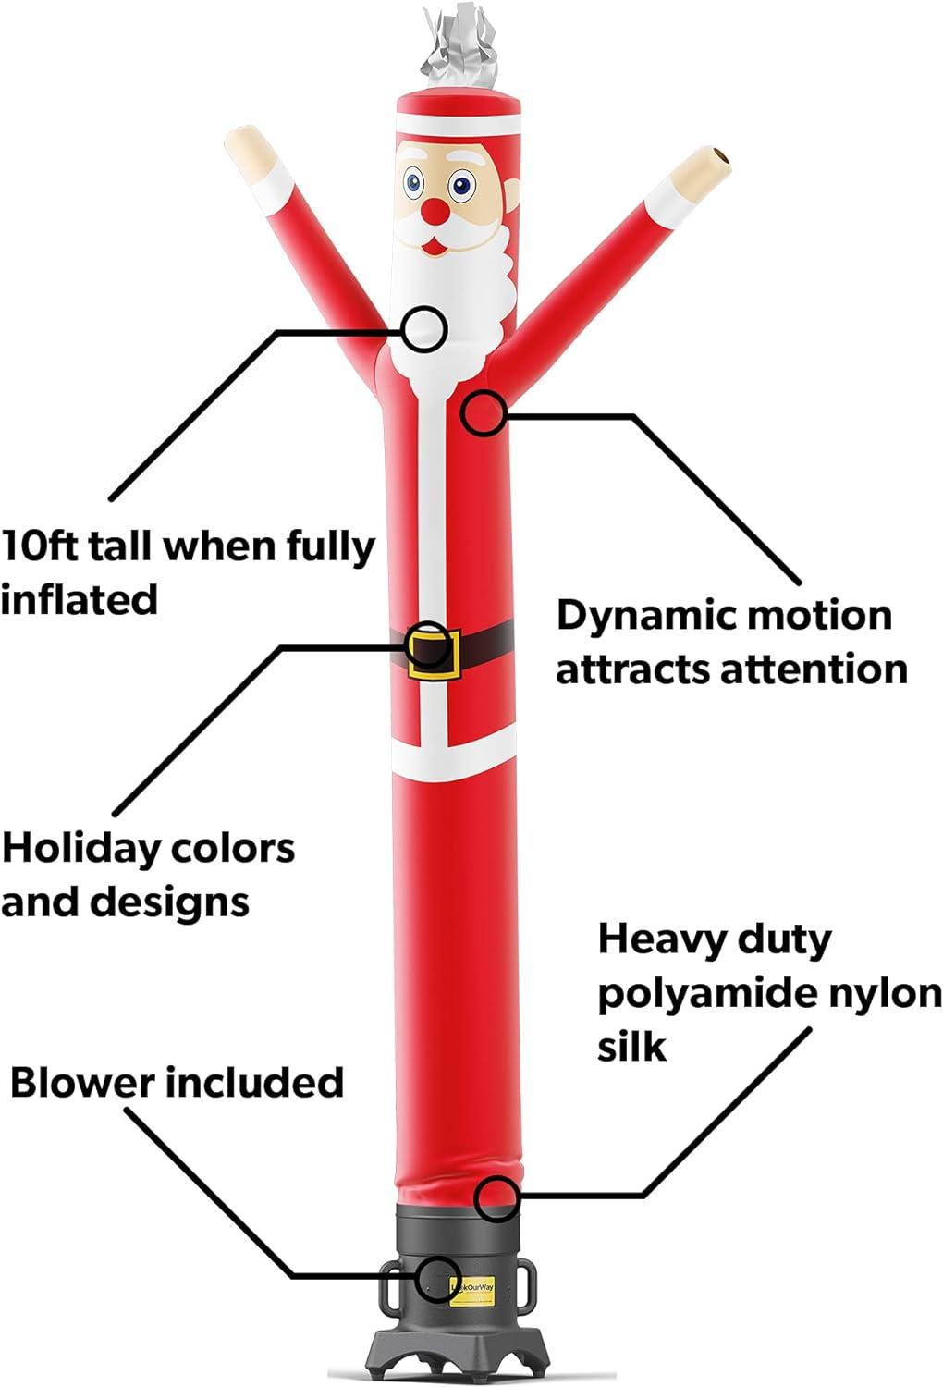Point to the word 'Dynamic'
pyautogui.click(x=644, y=616)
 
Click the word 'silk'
pyautogui.click(x=632, y=1046)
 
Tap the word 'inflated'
pyautogui.click(x=79, y=599)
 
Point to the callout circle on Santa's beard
pyautogui.click(x=424, y=329)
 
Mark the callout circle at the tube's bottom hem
pyautogui.click(x=496, y=1198)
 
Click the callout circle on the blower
pyautogui.click(x=440, y=1278)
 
